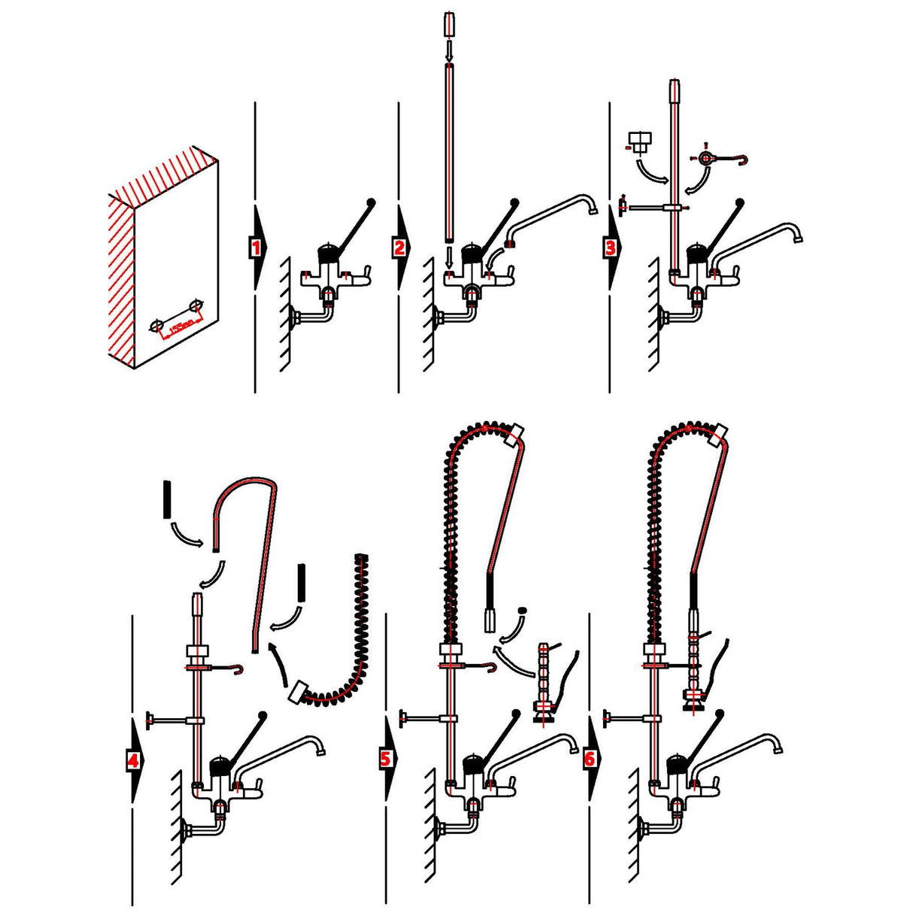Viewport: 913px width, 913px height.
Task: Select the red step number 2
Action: pos(399,247)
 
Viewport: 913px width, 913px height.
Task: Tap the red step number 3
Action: pos(610,247)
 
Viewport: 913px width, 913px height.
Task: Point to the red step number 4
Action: pos(132,760)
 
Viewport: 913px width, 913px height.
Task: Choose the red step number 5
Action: pos(386,758)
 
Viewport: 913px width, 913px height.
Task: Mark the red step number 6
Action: pos(589,759)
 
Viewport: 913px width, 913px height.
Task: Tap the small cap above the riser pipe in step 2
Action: pos(448,25)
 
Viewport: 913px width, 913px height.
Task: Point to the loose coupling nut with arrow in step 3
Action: pos(640,141)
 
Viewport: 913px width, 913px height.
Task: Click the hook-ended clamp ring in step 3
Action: pos(705,159)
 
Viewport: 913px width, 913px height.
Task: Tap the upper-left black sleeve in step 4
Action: pos(167,499)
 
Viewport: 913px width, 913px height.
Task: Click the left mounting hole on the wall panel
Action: pos(156,325)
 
